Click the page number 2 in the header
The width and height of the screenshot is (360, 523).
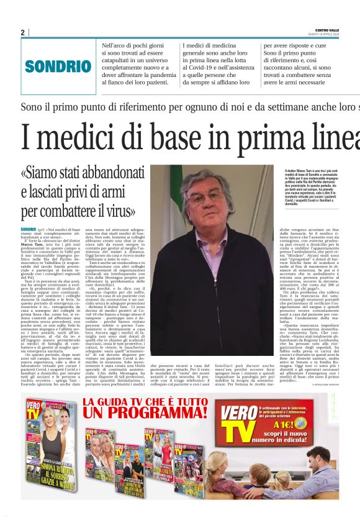(23, 32)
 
